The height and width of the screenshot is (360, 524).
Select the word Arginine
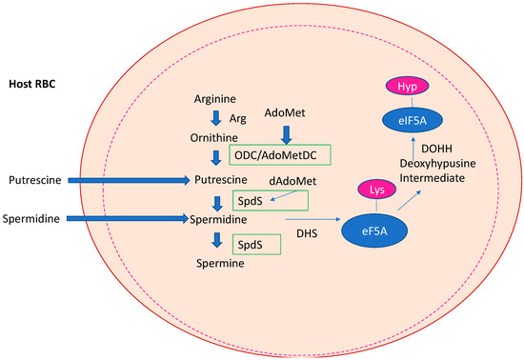pyautogui.click(x=215, y=97)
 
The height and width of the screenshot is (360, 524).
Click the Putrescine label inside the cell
pyautogui.click(x=221, y=178)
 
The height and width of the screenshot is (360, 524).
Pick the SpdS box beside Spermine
pyautogui.click(x=257, y=245)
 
